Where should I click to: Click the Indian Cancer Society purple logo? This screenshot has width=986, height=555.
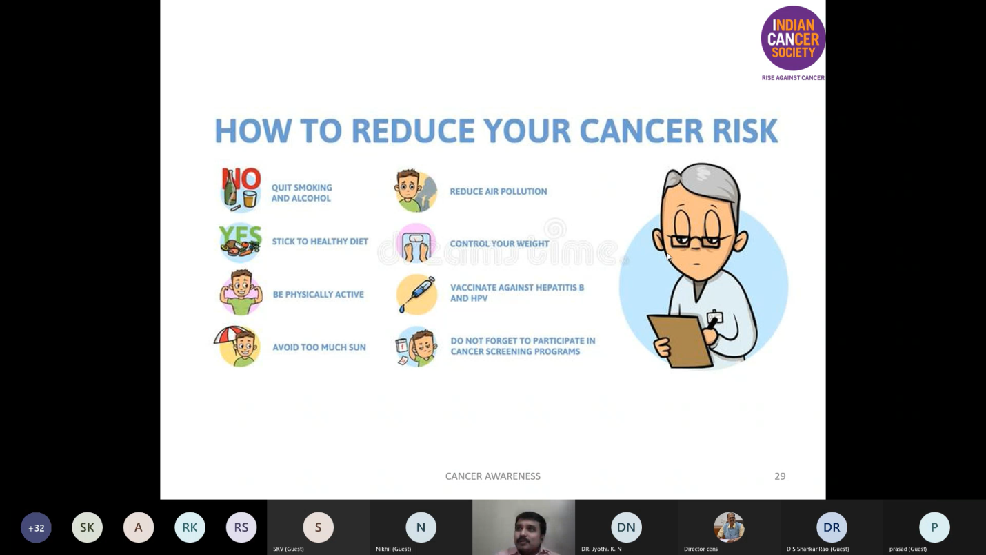point(793,38)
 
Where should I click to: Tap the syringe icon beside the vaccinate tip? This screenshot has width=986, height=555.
point(416,294)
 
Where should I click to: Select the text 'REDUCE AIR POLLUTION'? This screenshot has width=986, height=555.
point(499,192)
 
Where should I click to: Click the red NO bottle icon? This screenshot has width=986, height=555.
point(241,190)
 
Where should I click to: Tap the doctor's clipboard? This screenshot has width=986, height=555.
point(680,341)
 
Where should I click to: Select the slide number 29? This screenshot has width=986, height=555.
point(780,476)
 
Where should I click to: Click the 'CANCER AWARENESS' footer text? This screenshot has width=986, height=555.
point(492,476)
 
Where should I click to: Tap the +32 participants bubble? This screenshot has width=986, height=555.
point(36,527)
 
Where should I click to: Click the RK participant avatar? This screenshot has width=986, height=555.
point(190,527)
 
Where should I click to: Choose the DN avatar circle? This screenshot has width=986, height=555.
point(626,527)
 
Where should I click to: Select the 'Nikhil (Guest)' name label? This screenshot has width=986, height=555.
point(393,549)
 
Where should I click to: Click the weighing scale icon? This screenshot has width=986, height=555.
point(416,244)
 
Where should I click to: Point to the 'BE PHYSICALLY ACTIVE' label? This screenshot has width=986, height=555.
point(319,295)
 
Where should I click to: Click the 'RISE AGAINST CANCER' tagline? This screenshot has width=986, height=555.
point(793,78)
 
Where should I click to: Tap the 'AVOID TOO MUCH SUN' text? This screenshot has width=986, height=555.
point(319,347)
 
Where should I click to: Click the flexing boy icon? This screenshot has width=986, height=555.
point(241,292)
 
